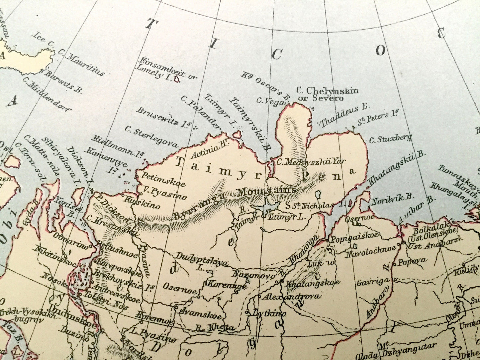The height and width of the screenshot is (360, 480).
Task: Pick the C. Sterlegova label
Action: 151,136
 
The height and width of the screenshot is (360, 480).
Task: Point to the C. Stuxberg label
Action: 390,139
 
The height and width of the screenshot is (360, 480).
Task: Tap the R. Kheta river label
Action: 214,328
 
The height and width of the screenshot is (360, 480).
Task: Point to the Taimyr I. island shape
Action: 237,135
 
